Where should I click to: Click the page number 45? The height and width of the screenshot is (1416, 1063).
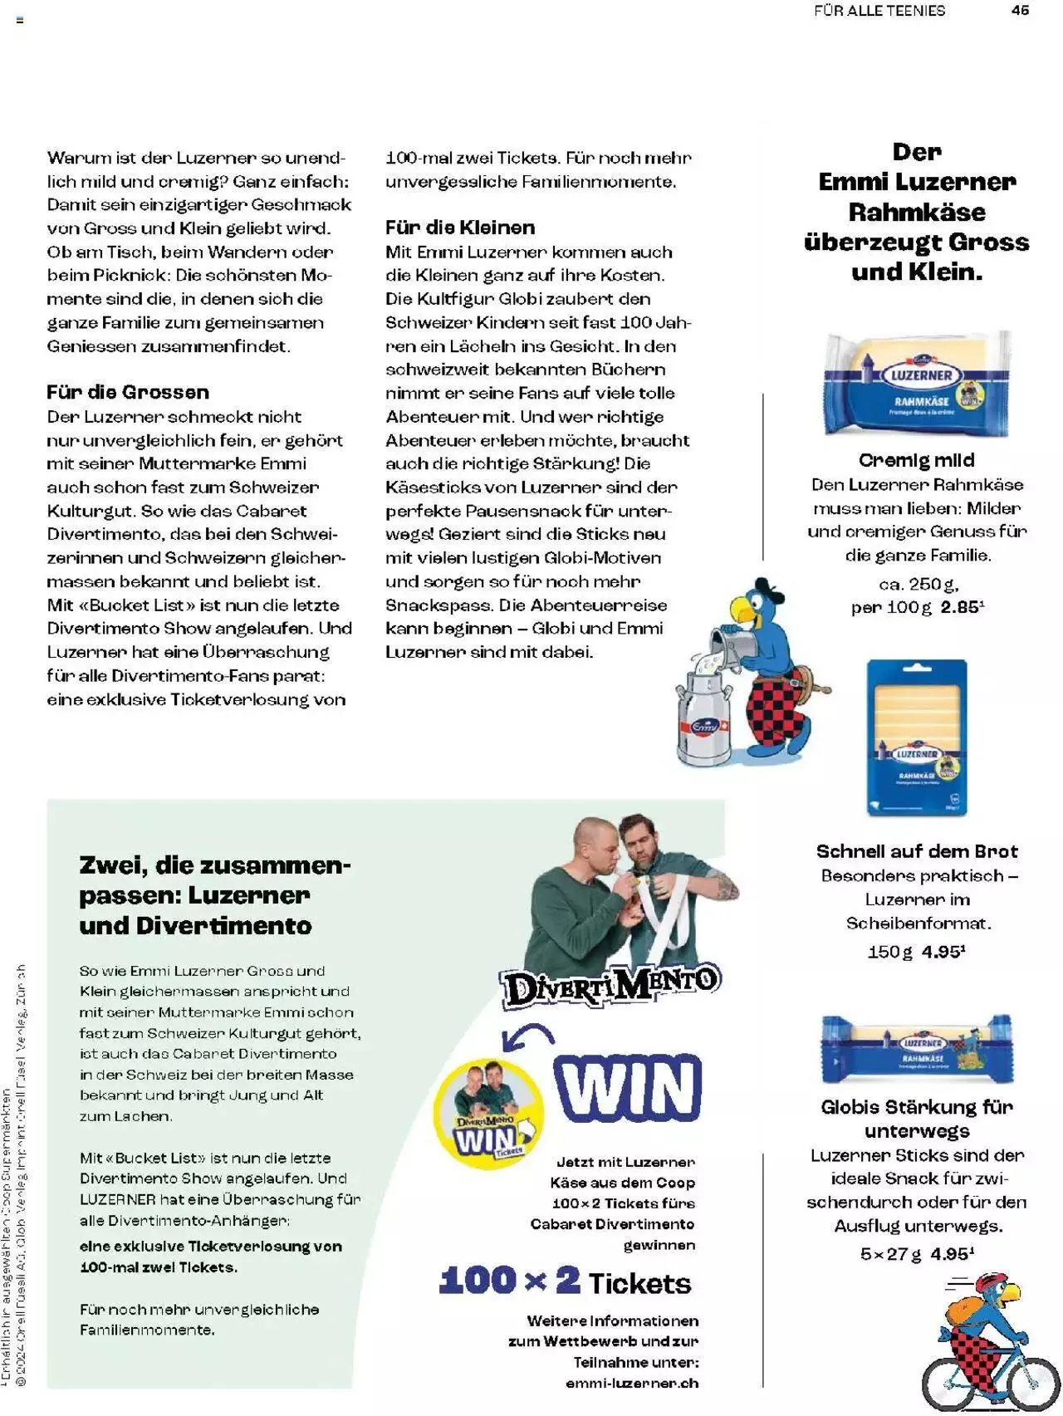1020,10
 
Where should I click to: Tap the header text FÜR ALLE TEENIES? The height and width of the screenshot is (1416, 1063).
879,11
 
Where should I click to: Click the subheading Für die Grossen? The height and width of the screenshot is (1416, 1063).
128,392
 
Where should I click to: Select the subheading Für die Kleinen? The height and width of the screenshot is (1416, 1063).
459,228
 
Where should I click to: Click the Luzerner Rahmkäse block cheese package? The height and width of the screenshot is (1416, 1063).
916,385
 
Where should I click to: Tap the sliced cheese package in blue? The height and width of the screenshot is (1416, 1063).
916,737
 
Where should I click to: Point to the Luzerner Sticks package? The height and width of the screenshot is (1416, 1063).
916,1050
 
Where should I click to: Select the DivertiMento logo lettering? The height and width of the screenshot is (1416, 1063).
610,985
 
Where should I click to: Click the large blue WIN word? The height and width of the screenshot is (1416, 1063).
627,1087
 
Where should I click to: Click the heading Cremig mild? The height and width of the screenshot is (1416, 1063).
916,460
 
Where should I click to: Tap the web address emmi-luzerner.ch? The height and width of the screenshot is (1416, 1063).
631,1383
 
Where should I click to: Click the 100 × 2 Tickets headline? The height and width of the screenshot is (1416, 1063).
565,1281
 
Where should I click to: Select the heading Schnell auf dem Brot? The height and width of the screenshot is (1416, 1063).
916,851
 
